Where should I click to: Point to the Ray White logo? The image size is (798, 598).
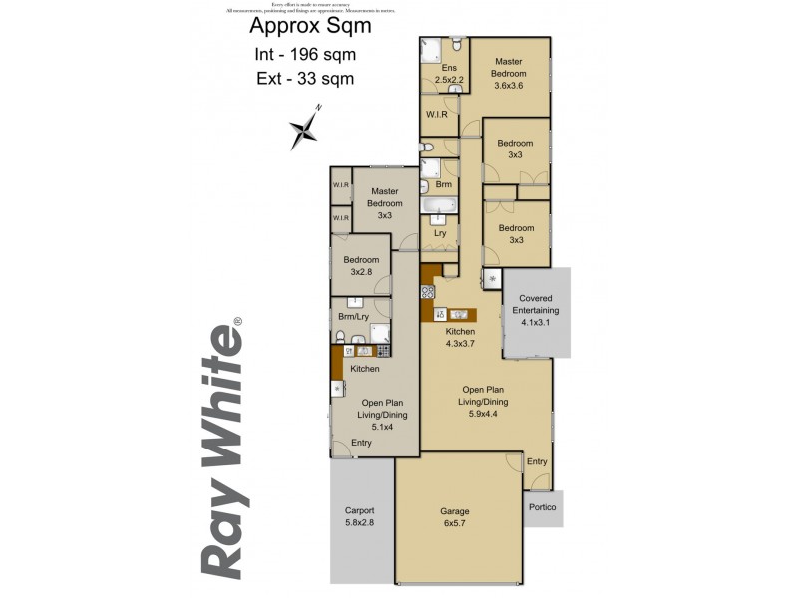click(225, 448)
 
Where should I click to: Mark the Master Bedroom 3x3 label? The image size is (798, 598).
click(384, 204)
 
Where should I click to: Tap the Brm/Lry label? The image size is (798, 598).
click(354, 317)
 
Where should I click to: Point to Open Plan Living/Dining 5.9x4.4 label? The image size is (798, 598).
click(483, 396)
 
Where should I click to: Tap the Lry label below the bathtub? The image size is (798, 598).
click(439, 233)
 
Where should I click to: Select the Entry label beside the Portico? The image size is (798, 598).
click(537, 461)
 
